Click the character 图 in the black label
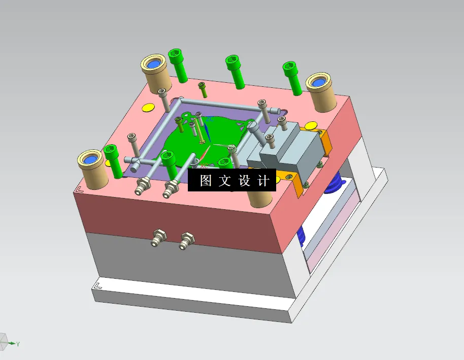click(x=206, y=180)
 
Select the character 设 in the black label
click(x=244, y=180)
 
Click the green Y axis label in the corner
click(x=18, y=344)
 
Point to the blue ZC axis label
click(x=210, y=119)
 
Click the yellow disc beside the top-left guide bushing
click(x=148, y=107)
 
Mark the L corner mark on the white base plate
click(x=98, y=286)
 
